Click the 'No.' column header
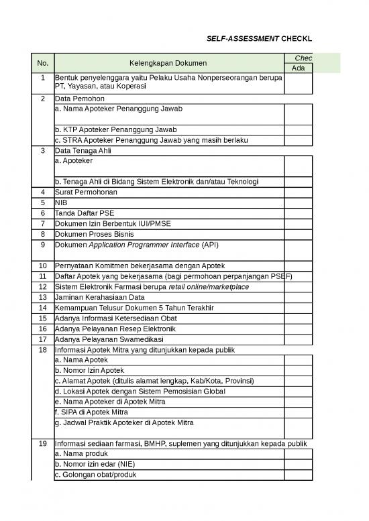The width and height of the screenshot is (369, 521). pyautogui.click(x=43, y=63)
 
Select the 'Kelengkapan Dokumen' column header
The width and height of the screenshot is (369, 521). pyautogui.click(x=169, y=63)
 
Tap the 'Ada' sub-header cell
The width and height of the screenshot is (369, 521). pyautogui.click(x=298, y=68)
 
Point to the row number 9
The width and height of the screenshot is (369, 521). pyautogui.click(x=43, y=245)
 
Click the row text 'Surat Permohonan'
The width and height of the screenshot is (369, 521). pyautogui.click(x=86, y=192)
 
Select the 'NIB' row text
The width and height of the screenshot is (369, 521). pyautogui.click(x=62, y=202)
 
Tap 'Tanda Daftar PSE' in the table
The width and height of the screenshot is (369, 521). pyautogui.click(x=85, y=213)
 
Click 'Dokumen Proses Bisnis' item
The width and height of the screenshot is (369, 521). pyautogui.click(x=94, y=234)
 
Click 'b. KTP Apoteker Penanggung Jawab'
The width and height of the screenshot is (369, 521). pyautogui.click(x=110, y=129)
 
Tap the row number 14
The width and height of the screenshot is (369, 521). pyautogui.click(x=43, y=307)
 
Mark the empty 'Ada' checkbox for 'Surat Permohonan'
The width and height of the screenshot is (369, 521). pyautogui.click(x=298, y=192)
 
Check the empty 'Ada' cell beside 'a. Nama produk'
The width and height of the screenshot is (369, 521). pyautogui.click(x=298, y=455)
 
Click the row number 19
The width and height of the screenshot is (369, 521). pyautogui.click(x=43, y=444)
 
